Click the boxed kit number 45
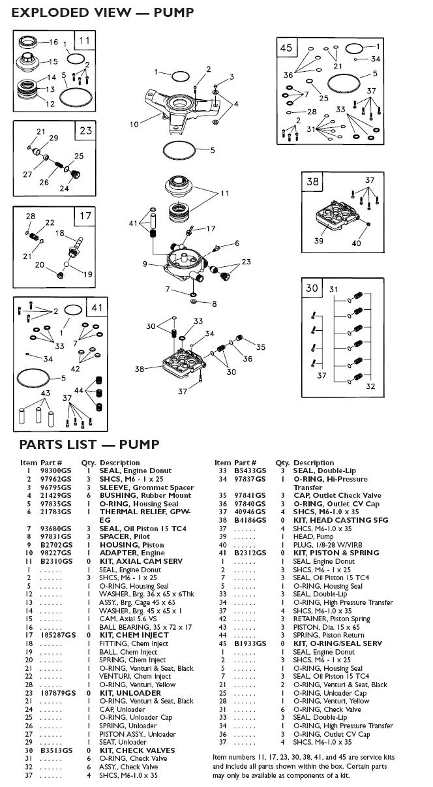(x=286, y=48)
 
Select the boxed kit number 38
(x=312, y=181)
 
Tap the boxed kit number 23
(x=86, y=131)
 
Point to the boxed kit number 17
(x=86, y=216)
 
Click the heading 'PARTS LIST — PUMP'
(x=89, y=444)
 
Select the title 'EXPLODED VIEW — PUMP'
(x=102, y=12)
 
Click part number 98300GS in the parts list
(x=52, y=471)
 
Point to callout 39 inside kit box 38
(x=319, y=241)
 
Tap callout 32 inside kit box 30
(x=370, y=386)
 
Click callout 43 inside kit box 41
(x=45, y=393)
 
